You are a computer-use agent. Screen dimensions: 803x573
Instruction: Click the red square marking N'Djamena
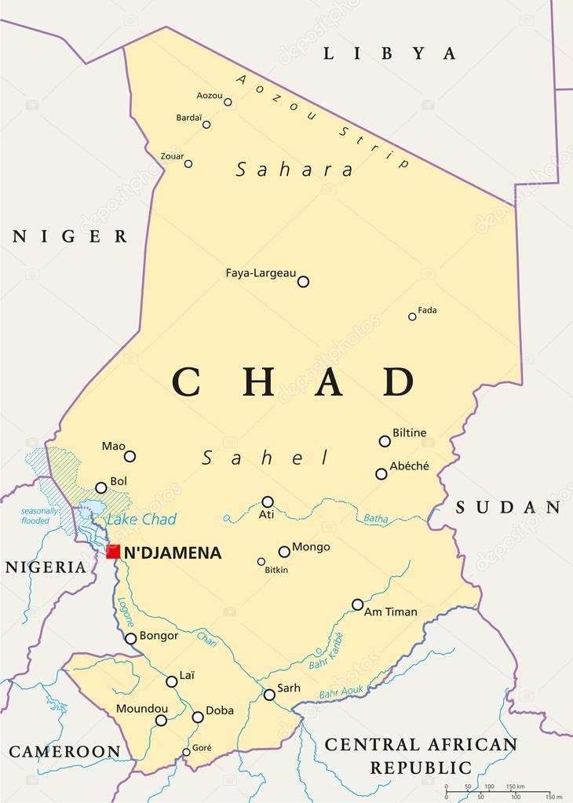[x=113, y=552]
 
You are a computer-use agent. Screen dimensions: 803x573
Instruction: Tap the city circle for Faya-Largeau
[x=303, y=282]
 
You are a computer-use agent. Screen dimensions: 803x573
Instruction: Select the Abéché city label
[x=409, y=465]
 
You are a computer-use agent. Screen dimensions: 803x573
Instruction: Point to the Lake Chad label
[x=141, y=519]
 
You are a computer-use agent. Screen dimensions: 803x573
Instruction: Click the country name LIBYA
[x=390, y=53]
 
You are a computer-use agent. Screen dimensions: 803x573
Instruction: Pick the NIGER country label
[x=70, y=236]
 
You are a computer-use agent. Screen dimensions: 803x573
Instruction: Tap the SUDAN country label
[x=509, y=507]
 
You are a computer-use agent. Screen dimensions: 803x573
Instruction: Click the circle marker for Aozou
[x=228, y=102]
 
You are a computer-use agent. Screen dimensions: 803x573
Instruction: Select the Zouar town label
[x=172, y=156]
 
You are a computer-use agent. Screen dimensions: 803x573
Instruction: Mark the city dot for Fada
[x=412, y=316]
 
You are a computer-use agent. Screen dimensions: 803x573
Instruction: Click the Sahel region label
[x=265, y=458]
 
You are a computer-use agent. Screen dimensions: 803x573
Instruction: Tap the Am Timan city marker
[x=357, y=604]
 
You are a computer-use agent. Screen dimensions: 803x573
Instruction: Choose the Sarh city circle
[x=269, y=695]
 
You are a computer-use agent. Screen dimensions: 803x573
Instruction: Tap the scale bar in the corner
[x=497, y=792]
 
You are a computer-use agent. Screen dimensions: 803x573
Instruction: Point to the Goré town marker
[x=186, y=752]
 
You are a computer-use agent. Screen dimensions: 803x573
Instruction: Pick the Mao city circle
[x=130, y=456]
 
